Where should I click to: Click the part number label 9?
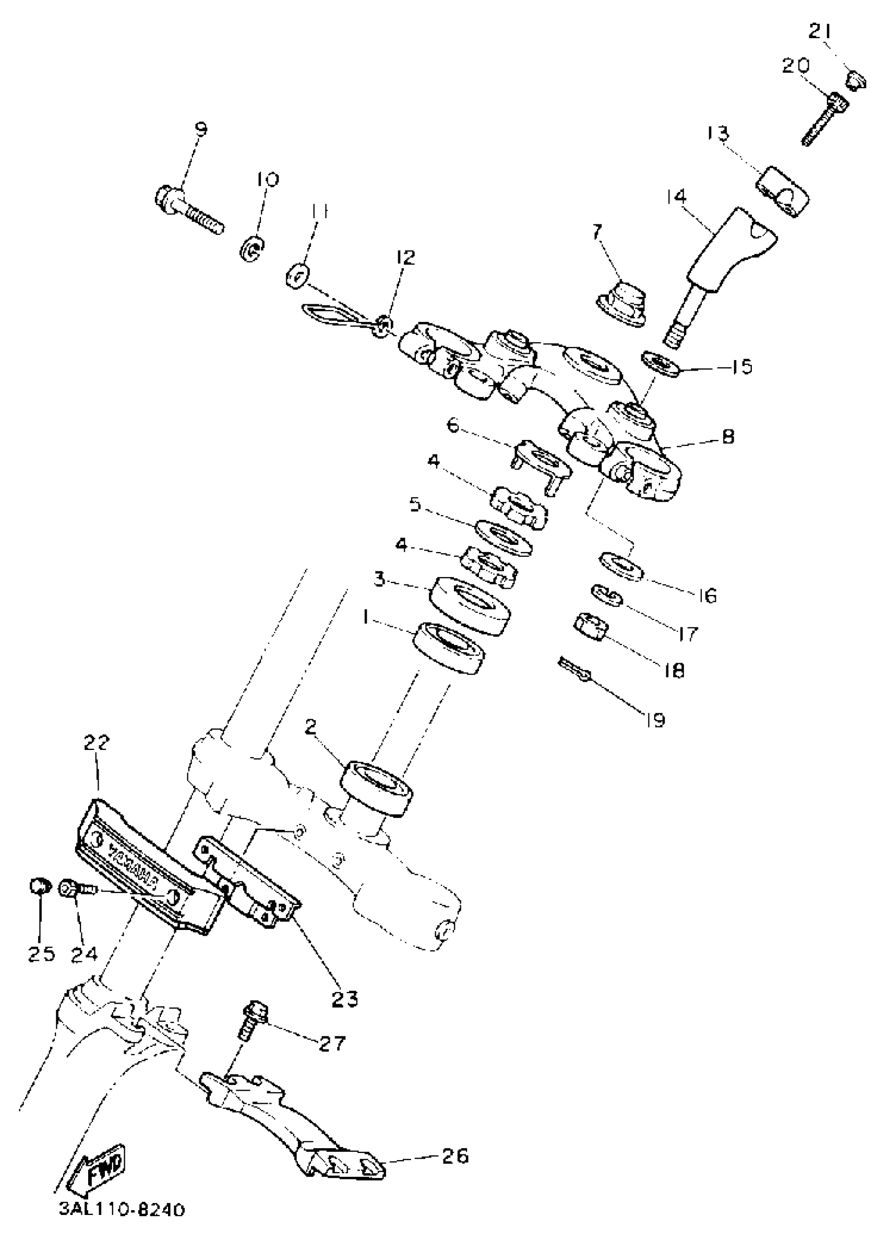point(200,129)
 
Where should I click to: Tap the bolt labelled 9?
point(188,208)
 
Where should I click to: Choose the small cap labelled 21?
point(853,80)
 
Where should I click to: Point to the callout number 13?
point(718,132)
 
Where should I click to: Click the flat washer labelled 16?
point(621,565)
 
